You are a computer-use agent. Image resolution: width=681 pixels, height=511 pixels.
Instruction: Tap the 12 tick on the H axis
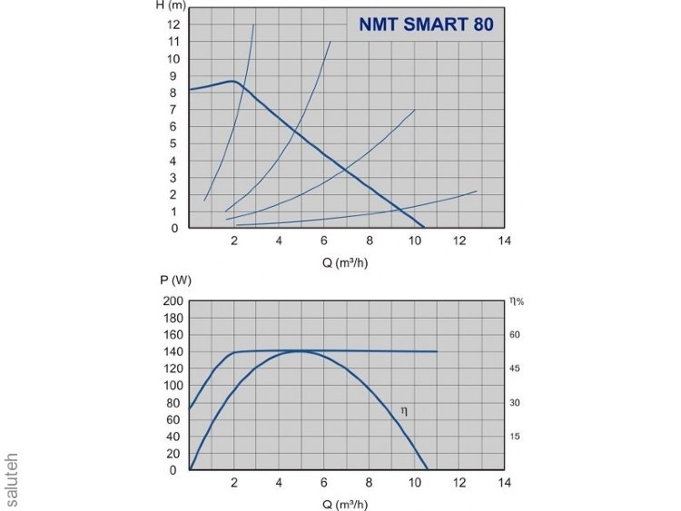[173, 25]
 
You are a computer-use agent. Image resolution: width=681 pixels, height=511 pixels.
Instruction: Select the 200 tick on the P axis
[173, 301]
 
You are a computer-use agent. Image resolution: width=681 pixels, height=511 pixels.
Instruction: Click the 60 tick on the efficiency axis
[514, 335]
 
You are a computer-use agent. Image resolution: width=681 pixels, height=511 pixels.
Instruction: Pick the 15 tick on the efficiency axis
[514, 437]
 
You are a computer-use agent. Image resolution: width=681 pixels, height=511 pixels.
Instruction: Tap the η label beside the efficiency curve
[404, 411]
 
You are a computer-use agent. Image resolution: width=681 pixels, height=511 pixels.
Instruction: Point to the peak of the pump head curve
[234, 81]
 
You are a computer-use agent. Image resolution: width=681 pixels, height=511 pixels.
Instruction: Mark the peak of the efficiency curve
[301, 350]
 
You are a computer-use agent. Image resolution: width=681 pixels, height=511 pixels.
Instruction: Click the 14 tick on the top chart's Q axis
[505, 241]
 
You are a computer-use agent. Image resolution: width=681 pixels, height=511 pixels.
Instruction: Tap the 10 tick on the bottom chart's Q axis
[414, 482]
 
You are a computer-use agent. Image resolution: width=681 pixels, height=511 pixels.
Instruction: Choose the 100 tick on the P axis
[173, 386]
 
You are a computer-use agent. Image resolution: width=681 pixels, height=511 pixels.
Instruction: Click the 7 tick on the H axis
[173, 110]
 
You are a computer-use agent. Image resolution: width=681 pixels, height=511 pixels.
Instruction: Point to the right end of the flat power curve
[437, 351]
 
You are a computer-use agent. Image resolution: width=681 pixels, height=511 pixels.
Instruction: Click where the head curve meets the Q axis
[424, 228]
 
